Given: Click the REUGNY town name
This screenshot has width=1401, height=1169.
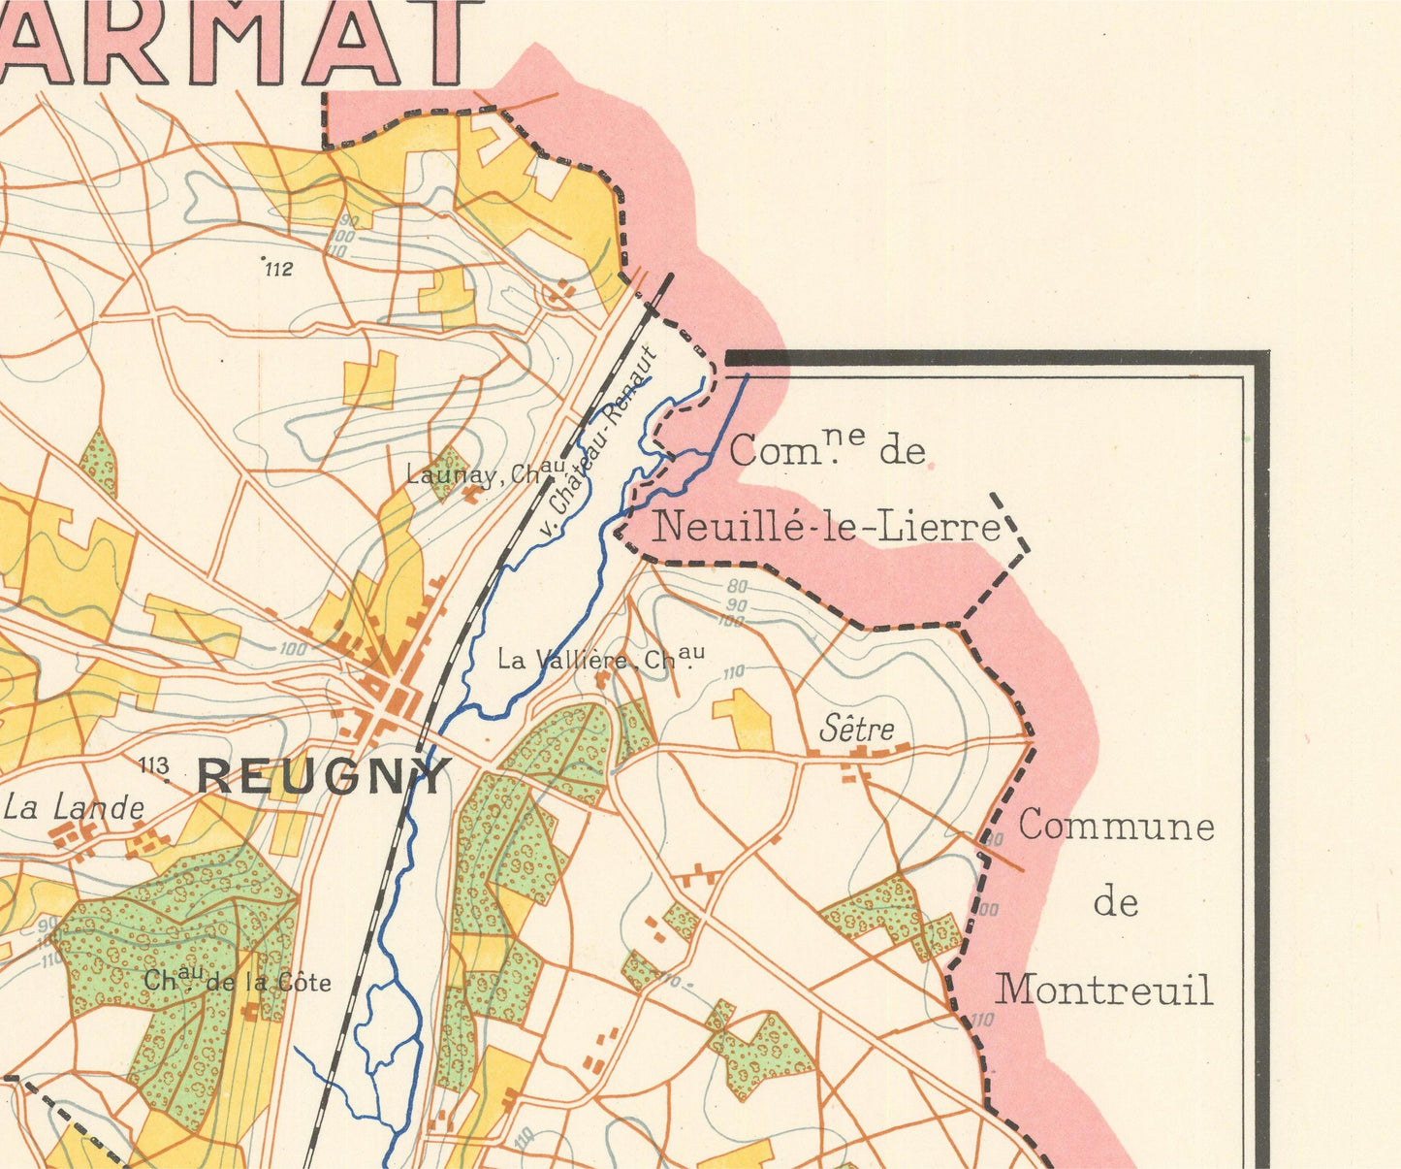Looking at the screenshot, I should (x=325, y=776).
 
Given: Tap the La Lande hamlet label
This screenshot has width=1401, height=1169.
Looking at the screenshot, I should (x=75, y=807).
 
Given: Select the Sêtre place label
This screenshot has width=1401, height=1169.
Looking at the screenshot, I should (x=856, y=729).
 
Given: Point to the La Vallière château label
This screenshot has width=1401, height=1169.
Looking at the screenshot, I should (x=600, y=660).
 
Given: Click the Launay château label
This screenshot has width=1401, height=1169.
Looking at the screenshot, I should (x=486, y=474).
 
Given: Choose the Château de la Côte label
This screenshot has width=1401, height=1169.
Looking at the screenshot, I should (x=238, y=982).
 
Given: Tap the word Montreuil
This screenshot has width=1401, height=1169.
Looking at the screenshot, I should (x=1104, y=990).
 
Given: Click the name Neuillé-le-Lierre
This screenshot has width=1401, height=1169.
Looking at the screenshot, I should (x=826, y=528).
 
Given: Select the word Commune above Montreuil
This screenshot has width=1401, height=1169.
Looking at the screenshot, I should (x=1116, y=827).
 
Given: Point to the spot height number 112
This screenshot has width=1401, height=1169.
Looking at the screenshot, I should (x=278, y=270).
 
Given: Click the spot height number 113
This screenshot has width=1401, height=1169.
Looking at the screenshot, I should (x=154, y=766).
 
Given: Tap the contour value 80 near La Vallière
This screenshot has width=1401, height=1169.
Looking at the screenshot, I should (x=738, y=587).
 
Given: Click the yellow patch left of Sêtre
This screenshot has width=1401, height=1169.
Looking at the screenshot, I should (x=745, y=719).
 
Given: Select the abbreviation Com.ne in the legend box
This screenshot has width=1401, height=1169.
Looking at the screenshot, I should (x=796, y=449).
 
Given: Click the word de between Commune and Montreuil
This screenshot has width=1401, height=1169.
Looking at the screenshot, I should (x=1115, y=903).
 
